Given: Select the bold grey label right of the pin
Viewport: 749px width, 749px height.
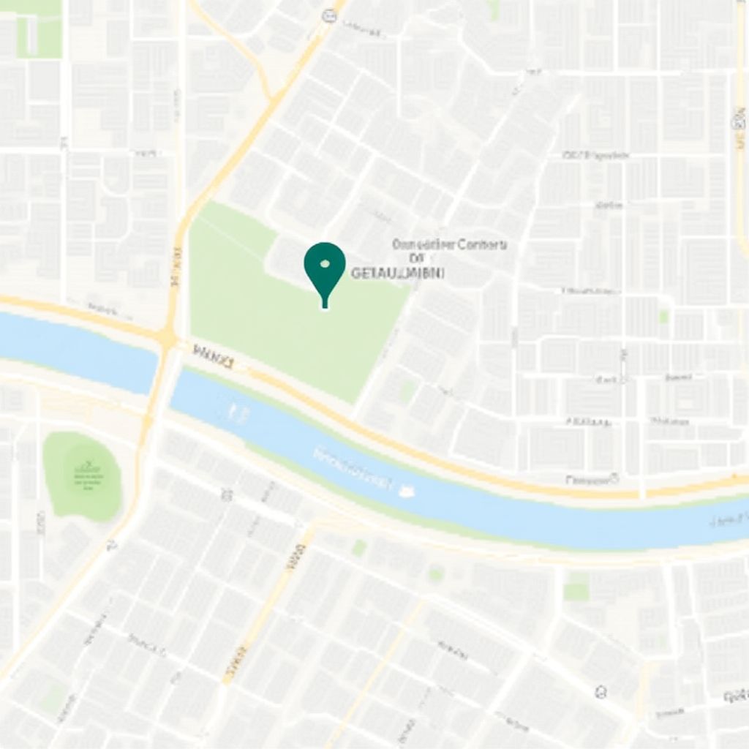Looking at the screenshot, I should click(397, 274).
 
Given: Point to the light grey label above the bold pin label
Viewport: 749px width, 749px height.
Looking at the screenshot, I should click(449, 245).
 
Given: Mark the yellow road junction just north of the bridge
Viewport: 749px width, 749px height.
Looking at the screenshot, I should click(168, 337).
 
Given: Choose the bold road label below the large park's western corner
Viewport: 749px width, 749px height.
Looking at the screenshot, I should click(213, 356).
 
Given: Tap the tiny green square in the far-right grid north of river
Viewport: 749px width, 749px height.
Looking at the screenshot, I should click(663, 316).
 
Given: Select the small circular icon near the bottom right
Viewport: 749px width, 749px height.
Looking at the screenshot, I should click(601, 690).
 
